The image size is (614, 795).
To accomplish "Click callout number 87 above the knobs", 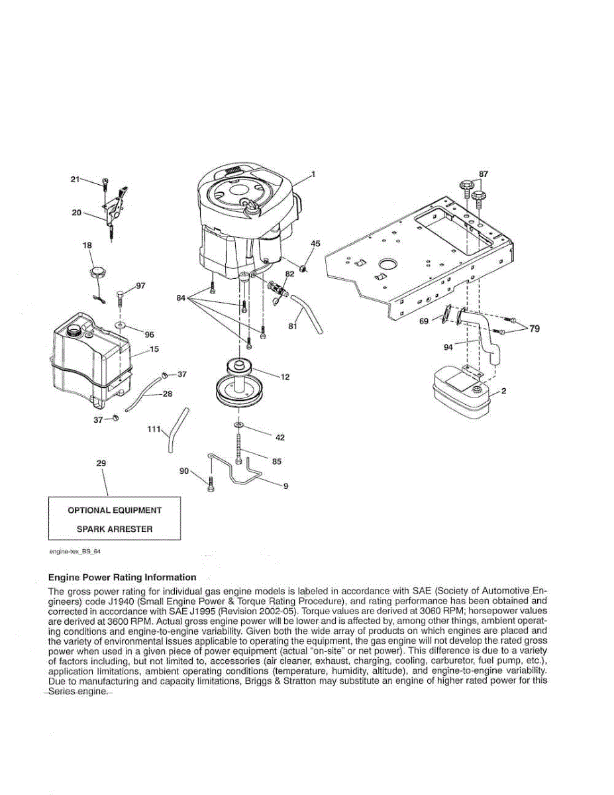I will (484, 174).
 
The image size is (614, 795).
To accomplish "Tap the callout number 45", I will (315, 244).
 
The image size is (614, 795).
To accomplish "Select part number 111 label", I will (154, 430).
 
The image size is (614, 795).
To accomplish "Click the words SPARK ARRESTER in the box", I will (115, 529).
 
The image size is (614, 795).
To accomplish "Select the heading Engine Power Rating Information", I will (123, 577).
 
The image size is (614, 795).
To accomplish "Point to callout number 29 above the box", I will (101, 464).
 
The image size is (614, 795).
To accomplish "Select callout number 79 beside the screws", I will (534, 329).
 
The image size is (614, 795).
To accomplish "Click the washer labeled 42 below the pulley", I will (238, 424).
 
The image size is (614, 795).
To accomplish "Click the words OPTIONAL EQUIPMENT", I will (115, 510).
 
